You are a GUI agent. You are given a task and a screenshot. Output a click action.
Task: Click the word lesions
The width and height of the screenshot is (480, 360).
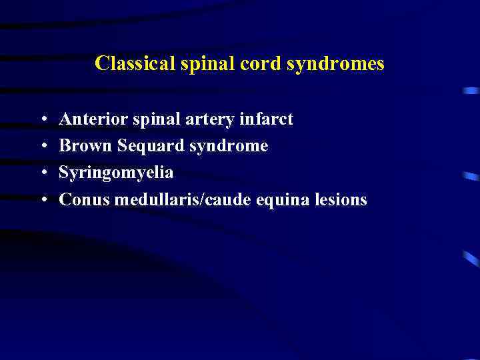(343, 199)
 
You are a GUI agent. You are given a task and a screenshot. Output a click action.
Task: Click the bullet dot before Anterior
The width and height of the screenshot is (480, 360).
(43, 121)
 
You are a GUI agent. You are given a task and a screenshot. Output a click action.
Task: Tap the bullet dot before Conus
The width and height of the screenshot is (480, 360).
(43, 201)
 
